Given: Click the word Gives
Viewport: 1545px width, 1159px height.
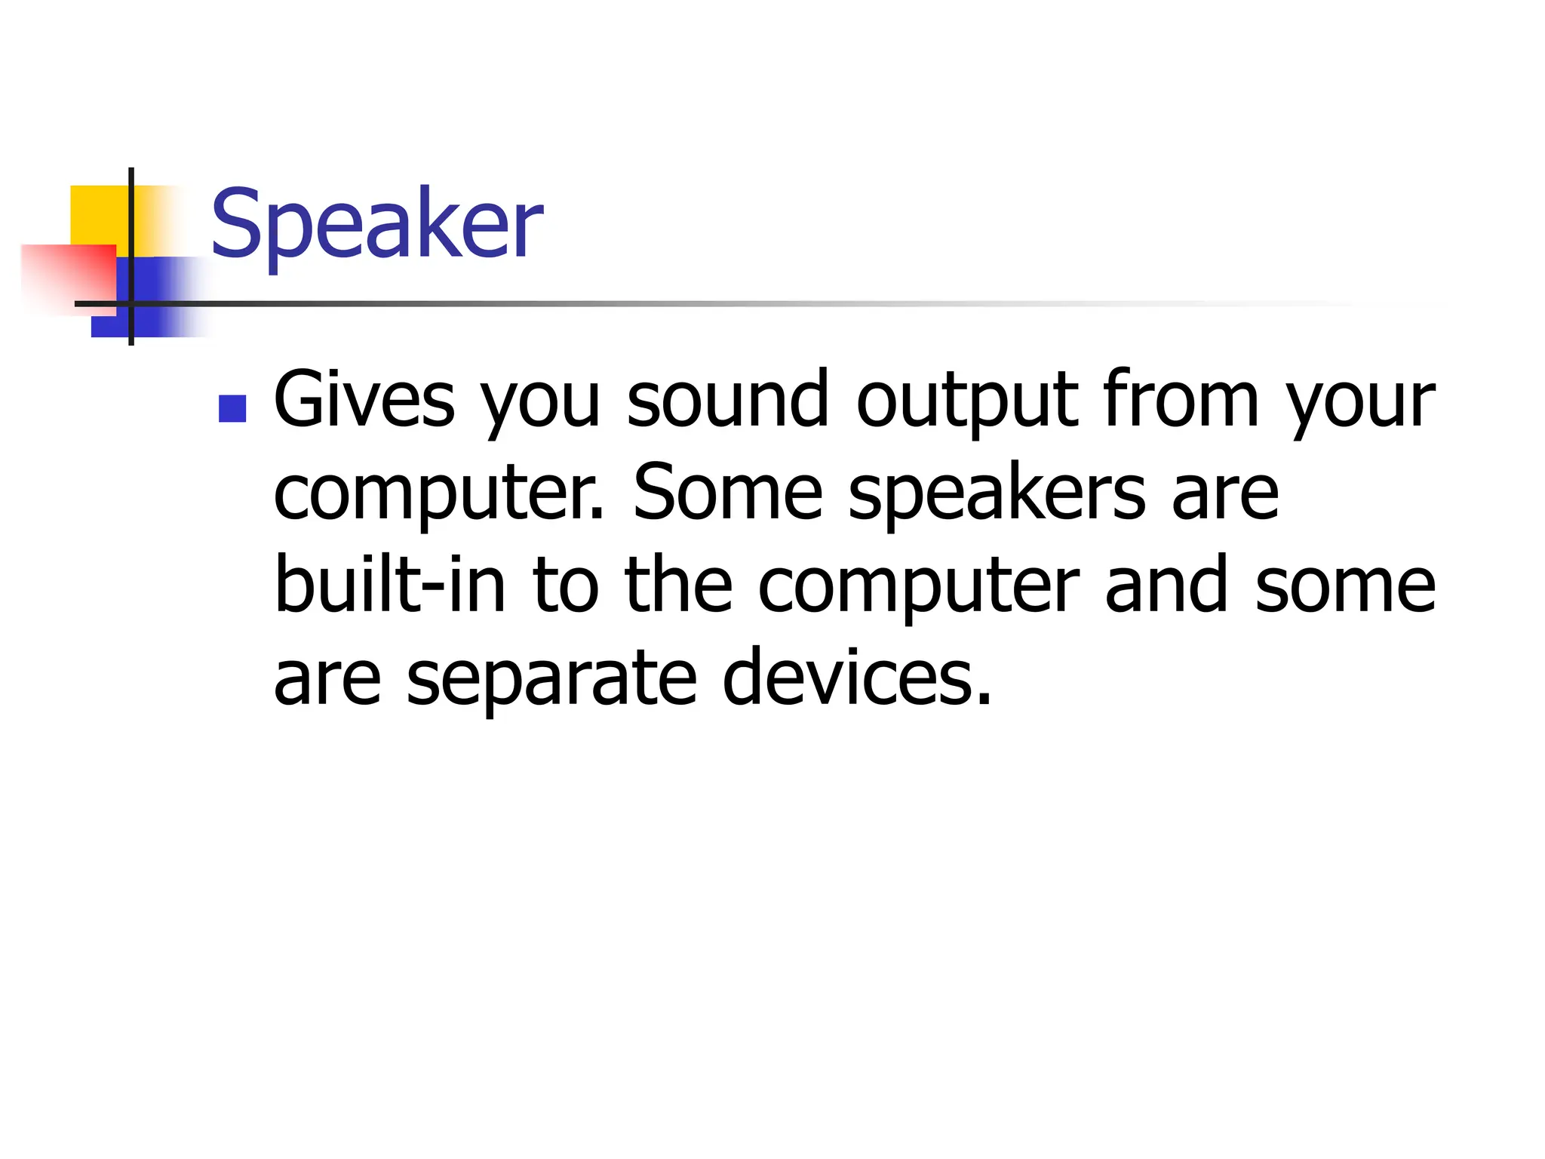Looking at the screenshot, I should (364, 400).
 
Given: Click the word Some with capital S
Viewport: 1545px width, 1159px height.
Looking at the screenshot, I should (727, 493).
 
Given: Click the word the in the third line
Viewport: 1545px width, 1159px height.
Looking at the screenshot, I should (678, 585).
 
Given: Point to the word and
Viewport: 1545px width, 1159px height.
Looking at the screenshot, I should (1166, 585).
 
